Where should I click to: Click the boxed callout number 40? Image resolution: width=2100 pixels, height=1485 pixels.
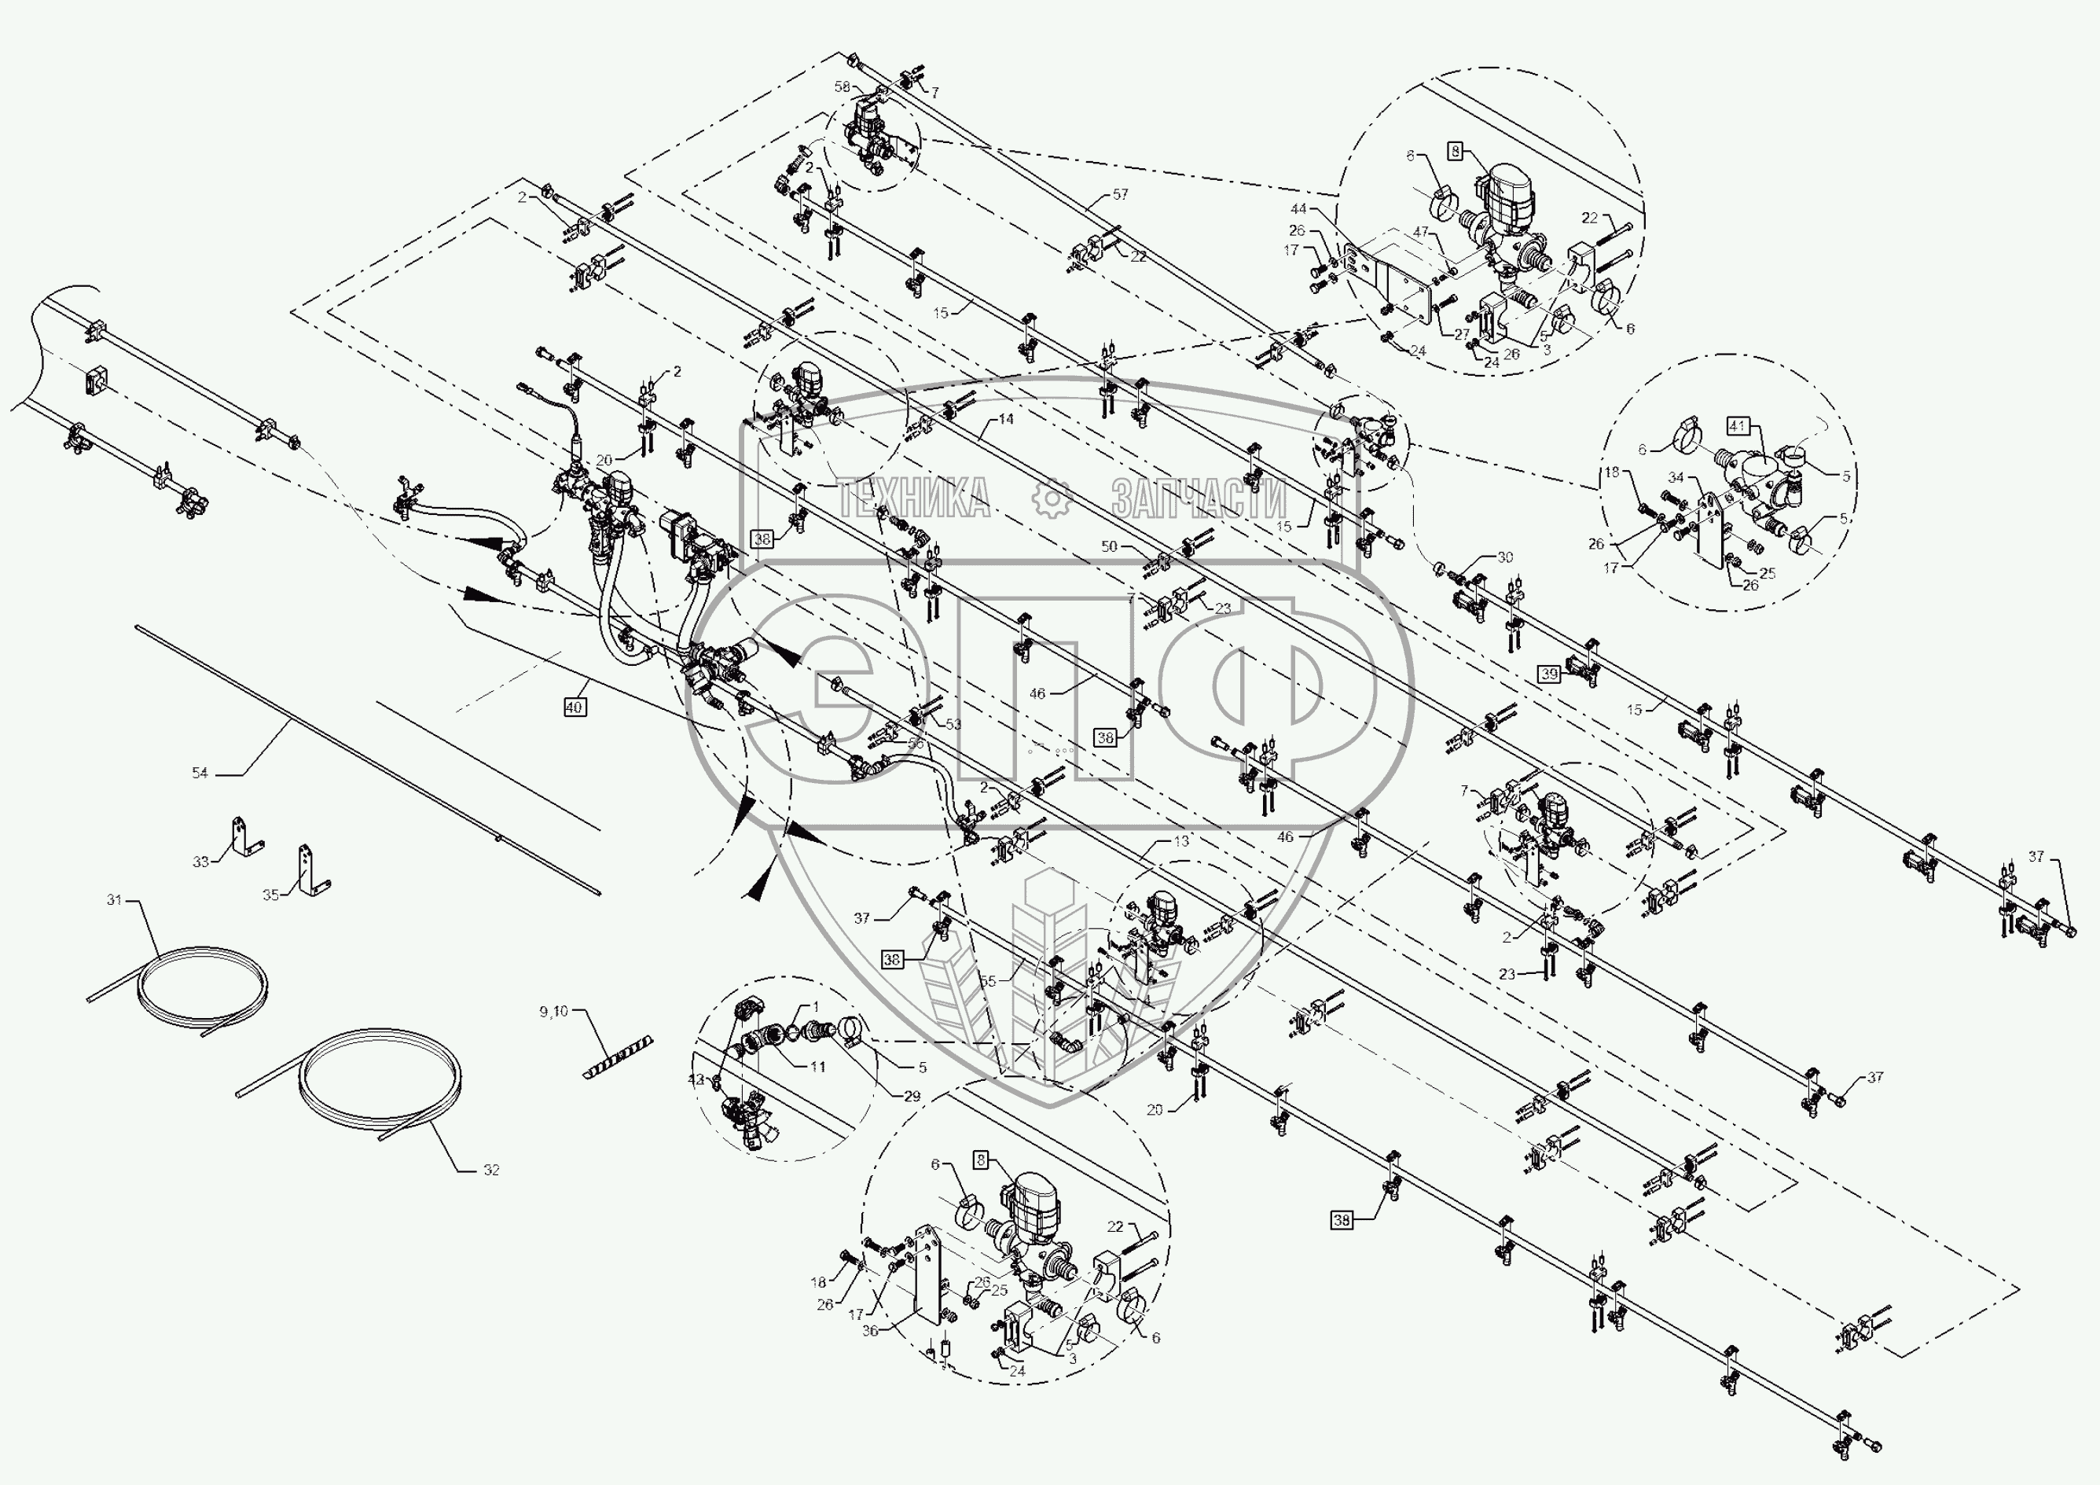(575, 708)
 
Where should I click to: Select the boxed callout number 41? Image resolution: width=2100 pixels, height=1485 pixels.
(1738, 425)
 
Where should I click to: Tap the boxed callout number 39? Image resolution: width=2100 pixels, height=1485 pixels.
(1549, 674)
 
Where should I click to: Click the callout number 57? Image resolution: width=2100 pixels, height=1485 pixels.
(1121, 195)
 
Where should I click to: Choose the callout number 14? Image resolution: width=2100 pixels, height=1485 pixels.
(1005, 419)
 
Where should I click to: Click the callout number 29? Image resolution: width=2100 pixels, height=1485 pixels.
(912, 1096)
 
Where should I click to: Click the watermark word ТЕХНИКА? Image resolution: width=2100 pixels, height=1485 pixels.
(912, 499)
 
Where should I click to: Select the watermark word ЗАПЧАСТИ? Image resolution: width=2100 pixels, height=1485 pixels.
(1199, 499)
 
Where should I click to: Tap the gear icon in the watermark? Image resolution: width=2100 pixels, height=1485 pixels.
(1051, 498)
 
